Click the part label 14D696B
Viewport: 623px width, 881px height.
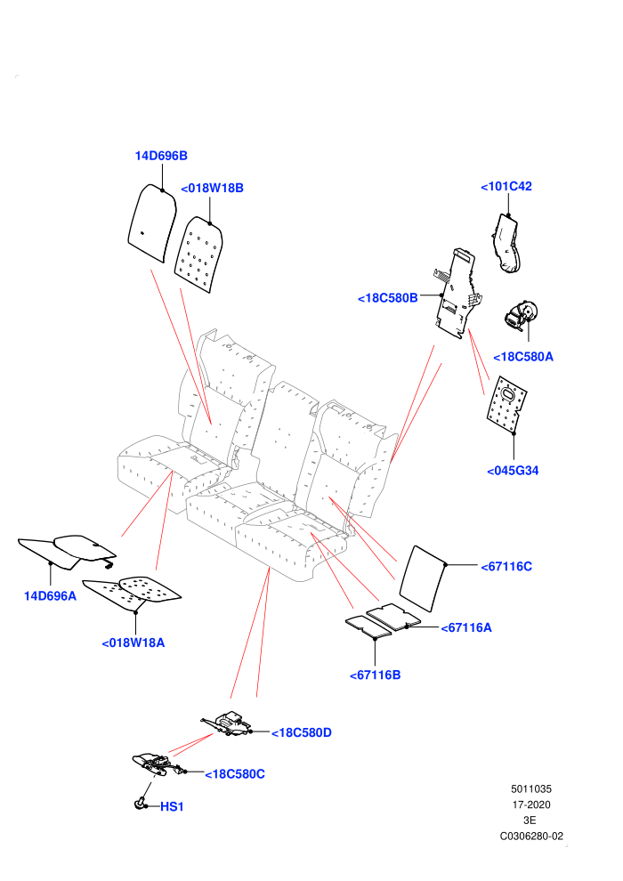pyautogui.click(x=161, y=156)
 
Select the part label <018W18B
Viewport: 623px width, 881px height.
pyautogui.click(x=212, y=189)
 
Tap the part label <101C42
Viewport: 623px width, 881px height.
pyautogui.click(x=506, y=186)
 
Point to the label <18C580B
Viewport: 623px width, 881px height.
pyautogui.click(x=388, y=298)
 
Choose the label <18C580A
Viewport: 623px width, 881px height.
pyautogui.click(x=523, y=356)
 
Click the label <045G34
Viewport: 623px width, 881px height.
pyautogui.click(x=513, y=470)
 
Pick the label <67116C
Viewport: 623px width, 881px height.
pyautogui.click(x=506, y=566)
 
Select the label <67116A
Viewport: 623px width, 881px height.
pyautogui.click(x=466, y=627)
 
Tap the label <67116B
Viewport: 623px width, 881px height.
pyautogui.click(x=376, y=675)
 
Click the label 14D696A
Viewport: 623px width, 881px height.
pyautogui.click(x=50, y=595)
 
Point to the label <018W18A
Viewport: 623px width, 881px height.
pyautogui.click(x=133, y=643)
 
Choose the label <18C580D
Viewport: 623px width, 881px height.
pyautogui.click(x=302, y=732)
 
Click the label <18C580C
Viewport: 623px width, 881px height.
pyautogui.click(x=235, y=774)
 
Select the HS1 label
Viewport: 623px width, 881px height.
pyautogui.click(x=172, y=806)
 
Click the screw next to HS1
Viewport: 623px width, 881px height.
pyautogui.click(x=140, y=804)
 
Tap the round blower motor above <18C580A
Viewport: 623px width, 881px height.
pyautogui.click(x=522, y=315)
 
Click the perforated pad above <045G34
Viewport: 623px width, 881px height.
pyautogui.click(x=506, y=405)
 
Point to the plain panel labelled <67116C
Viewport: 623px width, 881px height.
pyautogui.click(x=423, y=578)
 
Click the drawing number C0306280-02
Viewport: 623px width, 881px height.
pyautogui.click(x=531, y=836)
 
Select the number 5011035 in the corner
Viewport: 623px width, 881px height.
pyautogui.click(x=530, y=788)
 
